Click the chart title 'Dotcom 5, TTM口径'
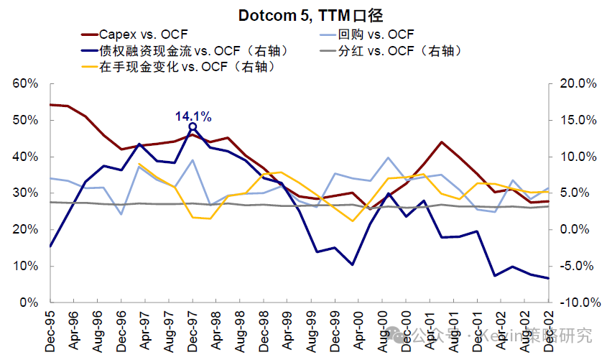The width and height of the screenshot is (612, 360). pos(305,14)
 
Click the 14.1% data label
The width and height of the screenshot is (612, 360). pos(193,116)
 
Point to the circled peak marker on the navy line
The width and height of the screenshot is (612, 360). pos(193,127)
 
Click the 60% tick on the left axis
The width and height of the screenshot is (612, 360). pos(25,83)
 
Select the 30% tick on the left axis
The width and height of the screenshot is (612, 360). pos(25,193)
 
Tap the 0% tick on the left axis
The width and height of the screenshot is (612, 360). pos(29,303)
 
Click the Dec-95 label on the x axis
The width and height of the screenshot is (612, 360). pos(50,331)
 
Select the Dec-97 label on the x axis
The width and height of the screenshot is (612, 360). pos(193,331)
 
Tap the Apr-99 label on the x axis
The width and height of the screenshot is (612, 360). pos(287,331)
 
